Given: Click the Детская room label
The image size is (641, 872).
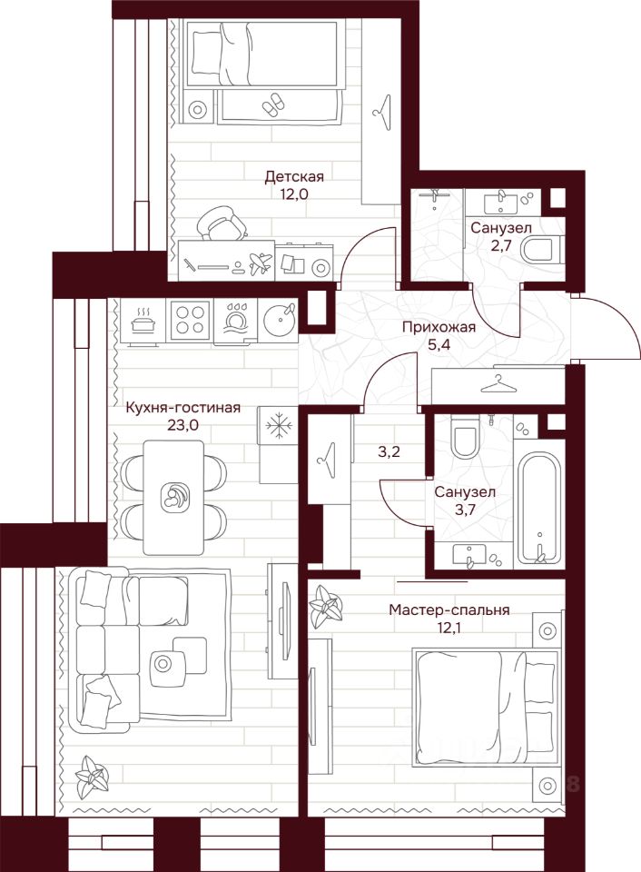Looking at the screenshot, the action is (293, 177).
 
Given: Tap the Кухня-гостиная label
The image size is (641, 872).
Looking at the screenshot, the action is (183, 408).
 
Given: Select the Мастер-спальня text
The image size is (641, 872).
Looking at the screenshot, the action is (449, 610).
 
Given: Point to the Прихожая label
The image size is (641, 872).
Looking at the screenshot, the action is (439, 327).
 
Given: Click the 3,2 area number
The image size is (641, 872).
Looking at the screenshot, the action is (390, 451).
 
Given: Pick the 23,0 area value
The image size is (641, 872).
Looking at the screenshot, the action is (183, 425).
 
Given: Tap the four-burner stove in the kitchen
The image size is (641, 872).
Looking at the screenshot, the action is (190, 321).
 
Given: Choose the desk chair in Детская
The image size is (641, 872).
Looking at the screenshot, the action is (222, 223).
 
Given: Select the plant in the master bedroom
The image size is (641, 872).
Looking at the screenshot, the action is (326, 606).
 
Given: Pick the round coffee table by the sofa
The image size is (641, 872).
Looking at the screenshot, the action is (163, 663).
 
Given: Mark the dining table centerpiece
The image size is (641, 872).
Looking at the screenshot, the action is (173, 497).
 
